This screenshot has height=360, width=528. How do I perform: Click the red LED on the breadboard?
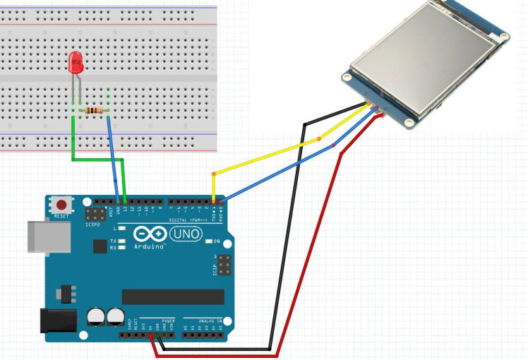pos(76,64)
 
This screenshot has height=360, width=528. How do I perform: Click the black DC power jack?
pos(57,320)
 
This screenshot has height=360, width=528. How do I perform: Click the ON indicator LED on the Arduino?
pos(209,241)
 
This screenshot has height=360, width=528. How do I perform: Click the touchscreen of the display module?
pos(424,56)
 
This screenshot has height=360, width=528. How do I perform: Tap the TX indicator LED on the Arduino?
pos(123,241)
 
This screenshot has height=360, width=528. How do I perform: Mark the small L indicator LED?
pos(123,229)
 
